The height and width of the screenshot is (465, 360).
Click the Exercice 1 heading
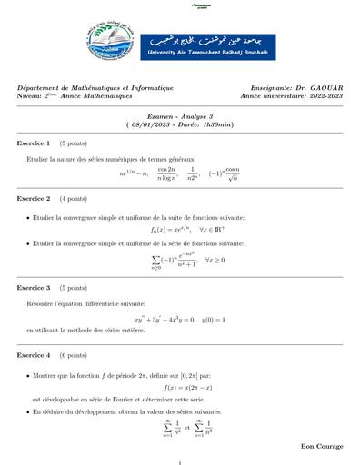(34, 143)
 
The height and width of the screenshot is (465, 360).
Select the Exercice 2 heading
(34, 198)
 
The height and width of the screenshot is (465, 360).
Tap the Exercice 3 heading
(34, 288)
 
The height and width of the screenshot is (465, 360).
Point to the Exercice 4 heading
(34, 355)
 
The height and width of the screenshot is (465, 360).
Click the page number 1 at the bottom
(180, 463)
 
